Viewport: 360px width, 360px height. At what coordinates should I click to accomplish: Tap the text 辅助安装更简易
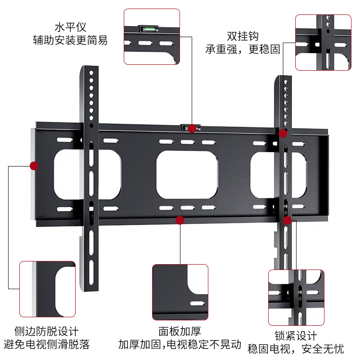(x=70, y=40)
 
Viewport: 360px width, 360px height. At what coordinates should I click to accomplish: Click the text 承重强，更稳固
(x=243, y=49)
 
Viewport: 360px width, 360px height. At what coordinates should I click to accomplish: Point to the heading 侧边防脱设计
(x=46, y=332)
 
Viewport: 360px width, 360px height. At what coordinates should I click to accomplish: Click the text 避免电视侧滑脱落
(x=46, y=345)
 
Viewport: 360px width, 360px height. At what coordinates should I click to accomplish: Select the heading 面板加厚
(x=180, y=332)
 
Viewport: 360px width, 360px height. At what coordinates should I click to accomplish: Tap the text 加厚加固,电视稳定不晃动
(x=180, y=345)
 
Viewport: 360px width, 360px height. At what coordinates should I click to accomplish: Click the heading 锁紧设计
(x=296, y=336)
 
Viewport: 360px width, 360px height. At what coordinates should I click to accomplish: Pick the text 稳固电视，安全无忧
(x=296, y=349)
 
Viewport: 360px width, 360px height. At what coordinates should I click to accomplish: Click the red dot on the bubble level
(x=192, y=129)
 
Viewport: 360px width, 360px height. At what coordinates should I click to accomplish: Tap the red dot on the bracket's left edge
(x=34, y=166)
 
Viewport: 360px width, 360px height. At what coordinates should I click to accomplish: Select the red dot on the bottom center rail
(x=180, y=220)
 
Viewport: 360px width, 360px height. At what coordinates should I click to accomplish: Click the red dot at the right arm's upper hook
(x=283, y=133)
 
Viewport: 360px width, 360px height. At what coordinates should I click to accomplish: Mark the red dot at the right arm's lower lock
(x=288, y=220)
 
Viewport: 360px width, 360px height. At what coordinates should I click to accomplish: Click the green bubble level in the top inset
(x=148, y=30)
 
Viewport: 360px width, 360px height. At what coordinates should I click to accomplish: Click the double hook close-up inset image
(x=323, y=42)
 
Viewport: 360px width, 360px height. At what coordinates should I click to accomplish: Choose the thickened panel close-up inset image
(x=180, y=292)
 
